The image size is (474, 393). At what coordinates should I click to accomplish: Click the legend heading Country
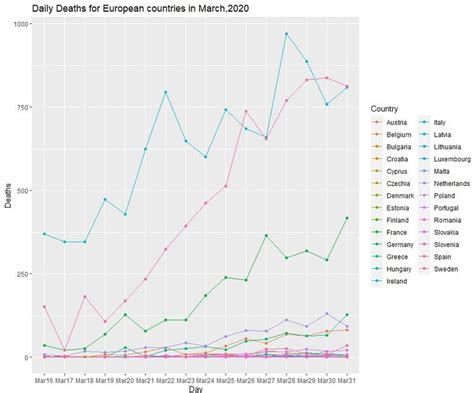tap(386, 108)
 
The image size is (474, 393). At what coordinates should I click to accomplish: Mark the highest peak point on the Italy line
tap(286, 33)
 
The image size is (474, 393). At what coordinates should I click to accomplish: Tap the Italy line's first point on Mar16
tap(44, 233)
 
